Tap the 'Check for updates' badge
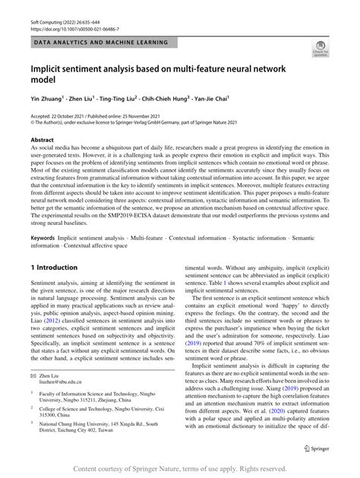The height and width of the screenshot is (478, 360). (x=319, y=50)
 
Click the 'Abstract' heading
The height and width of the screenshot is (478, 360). (x=42, y=141)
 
